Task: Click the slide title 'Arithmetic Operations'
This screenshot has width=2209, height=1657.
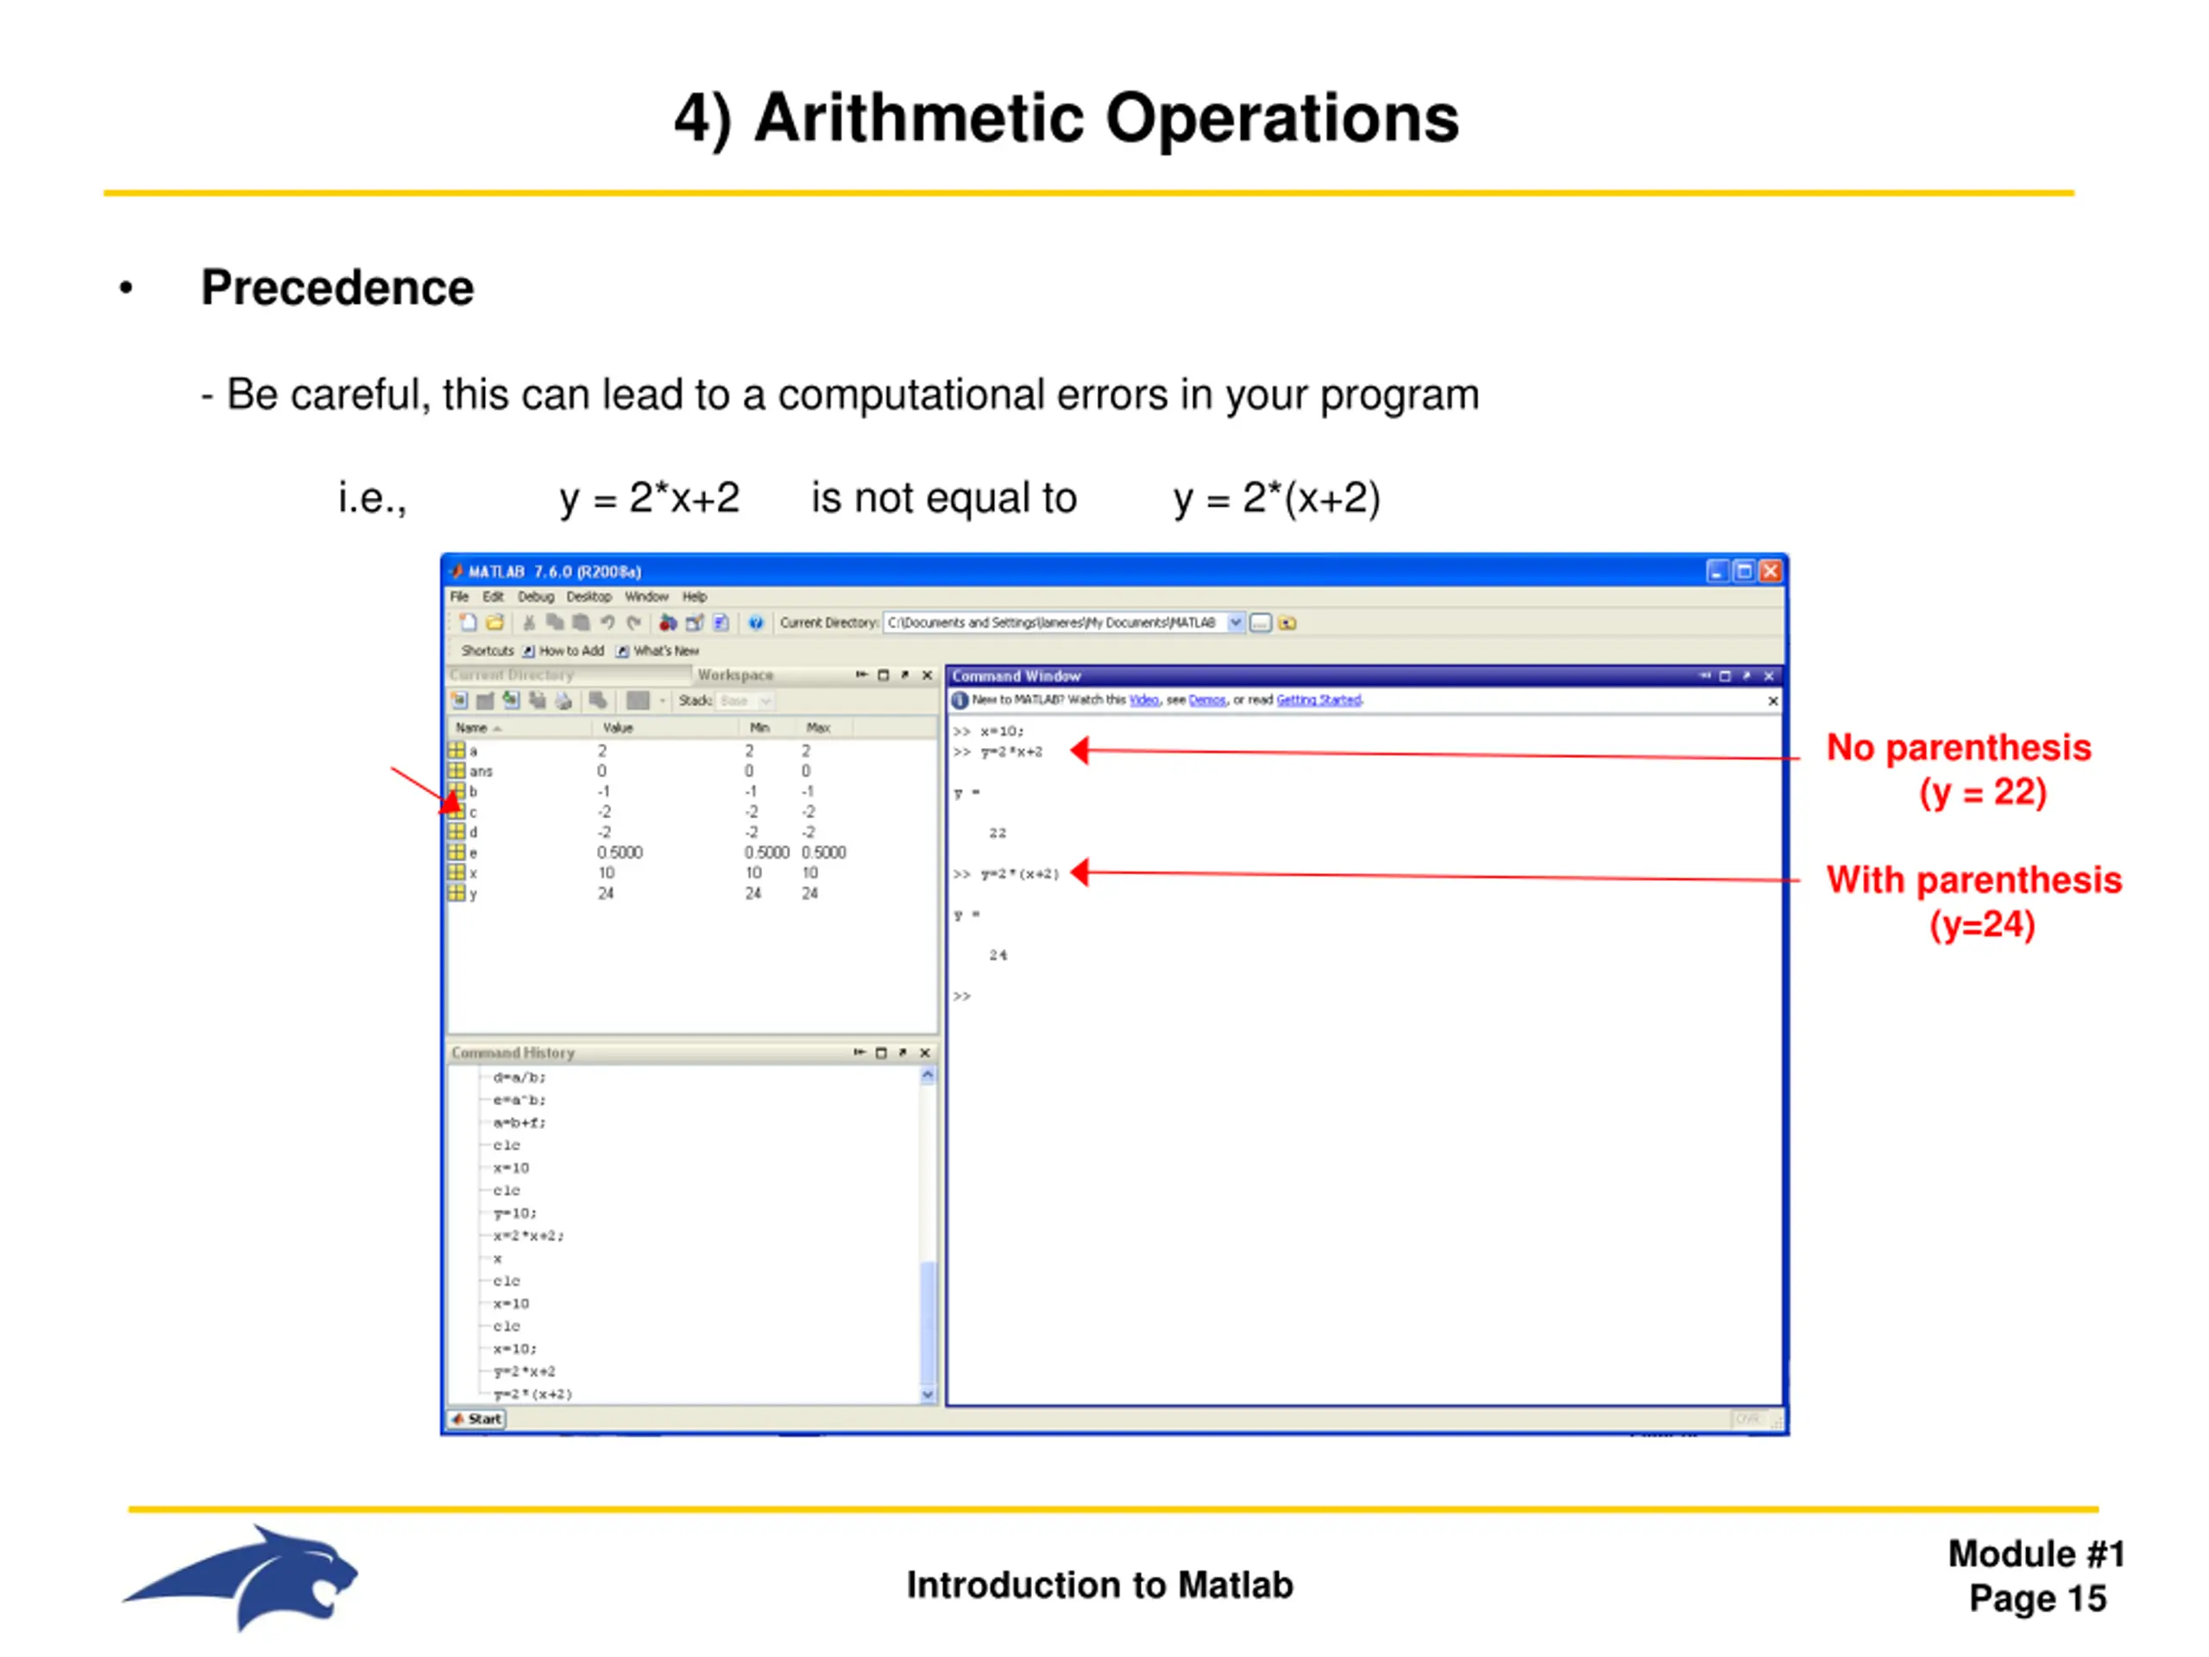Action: click(1066, 118)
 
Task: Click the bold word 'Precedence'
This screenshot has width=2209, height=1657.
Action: click(337, 287)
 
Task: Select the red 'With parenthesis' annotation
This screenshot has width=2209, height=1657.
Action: click(1973, 880)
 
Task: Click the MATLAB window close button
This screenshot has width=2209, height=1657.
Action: click(1770, 570)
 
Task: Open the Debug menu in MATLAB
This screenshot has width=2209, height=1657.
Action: click(535, 596)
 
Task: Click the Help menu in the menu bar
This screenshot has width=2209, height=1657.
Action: click(694, 596)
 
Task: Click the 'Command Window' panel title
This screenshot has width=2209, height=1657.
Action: click(1016, 677)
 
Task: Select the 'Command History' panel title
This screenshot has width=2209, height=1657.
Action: click(513, 1053)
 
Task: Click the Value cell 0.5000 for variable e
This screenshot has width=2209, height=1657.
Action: click(620, 852)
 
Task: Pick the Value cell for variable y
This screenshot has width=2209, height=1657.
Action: click(605, 893)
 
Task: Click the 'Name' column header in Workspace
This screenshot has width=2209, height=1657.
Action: click(471, 728)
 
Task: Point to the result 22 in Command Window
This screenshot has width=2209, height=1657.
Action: click(997, 833)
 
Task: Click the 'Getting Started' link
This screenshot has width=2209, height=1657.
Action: click(1318, 700)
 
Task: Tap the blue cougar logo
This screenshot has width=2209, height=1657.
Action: click(245, 1577)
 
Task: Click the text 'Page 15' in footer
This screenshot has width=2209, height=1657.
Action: click(2036, 1599)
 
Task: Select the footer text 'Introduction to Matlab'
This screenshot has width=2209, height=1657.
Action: click(1099, 1585)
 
